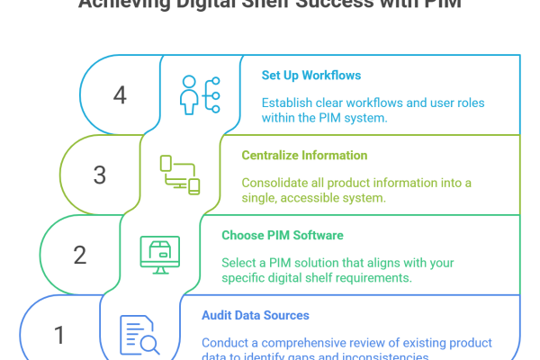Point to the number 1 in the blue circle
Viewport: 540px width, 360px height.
click(59, 335)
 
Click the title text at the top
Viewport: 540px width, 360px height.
click(270, 7)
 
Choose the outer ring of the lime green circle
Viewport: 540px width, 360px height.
click(66, 162)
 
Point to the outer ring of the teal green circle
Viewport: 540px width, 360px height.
click(40, 243)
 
